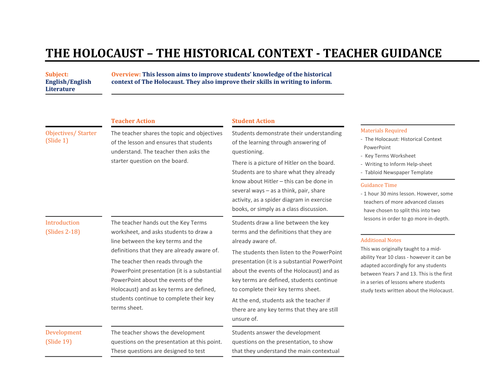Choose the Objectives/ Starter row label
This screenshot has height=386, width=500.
point(72,132)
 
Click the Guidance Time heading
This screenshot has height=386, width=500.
point(379,184)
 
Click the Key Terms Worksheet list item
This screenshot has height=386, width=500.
point(395,157)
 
